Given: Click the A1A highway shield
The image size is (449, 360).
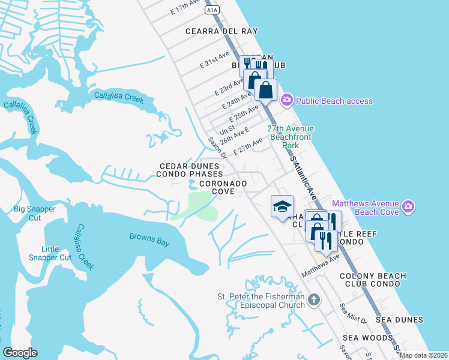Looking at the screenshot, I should tap(211, 10).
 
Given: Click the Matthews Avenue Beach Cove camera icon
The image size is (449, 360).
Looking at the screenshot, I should tap(409, 208).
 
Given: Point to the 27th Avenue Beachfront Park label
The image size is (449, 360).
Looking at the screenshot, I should tap(291, 137).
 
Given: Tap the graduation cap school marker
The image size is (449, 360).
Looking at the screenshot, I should tap(282, 206).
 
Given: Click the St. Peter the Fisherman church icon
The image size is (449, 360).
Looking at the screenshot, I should tap(313, 299).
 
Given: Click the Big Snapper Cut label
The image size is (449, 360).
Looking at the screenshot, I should tap(35, 213).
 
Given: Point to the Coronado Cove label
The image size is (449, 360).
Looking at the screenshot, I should tap(223, 187).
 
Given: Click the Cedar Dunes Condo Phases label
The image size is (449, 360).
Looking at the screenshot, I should tap(191, 170).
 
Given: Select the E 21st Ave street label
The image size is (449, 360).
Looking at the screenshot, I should tap(215, 61).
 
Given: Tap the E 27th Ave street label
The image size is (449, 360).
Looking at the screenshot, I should tap(249, 146).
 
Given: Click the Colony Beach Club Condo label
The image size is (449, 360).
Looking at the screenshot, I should tap(373, 280).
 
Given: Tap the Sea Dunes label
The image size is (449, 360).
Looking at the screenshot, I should tap(399, 320).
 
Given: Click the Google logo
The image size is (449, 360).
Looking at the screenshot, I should tap(20, 353).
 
